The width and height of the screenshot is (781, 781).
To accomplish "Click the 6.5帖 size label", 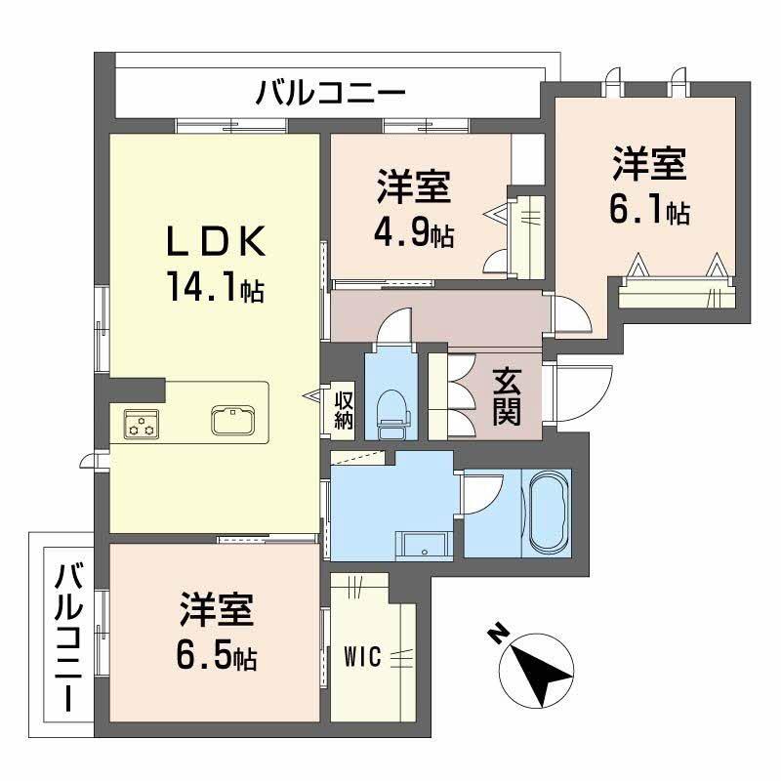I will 217,657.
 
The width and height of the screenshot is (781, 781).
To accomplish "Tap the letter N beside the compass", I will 497,636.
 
